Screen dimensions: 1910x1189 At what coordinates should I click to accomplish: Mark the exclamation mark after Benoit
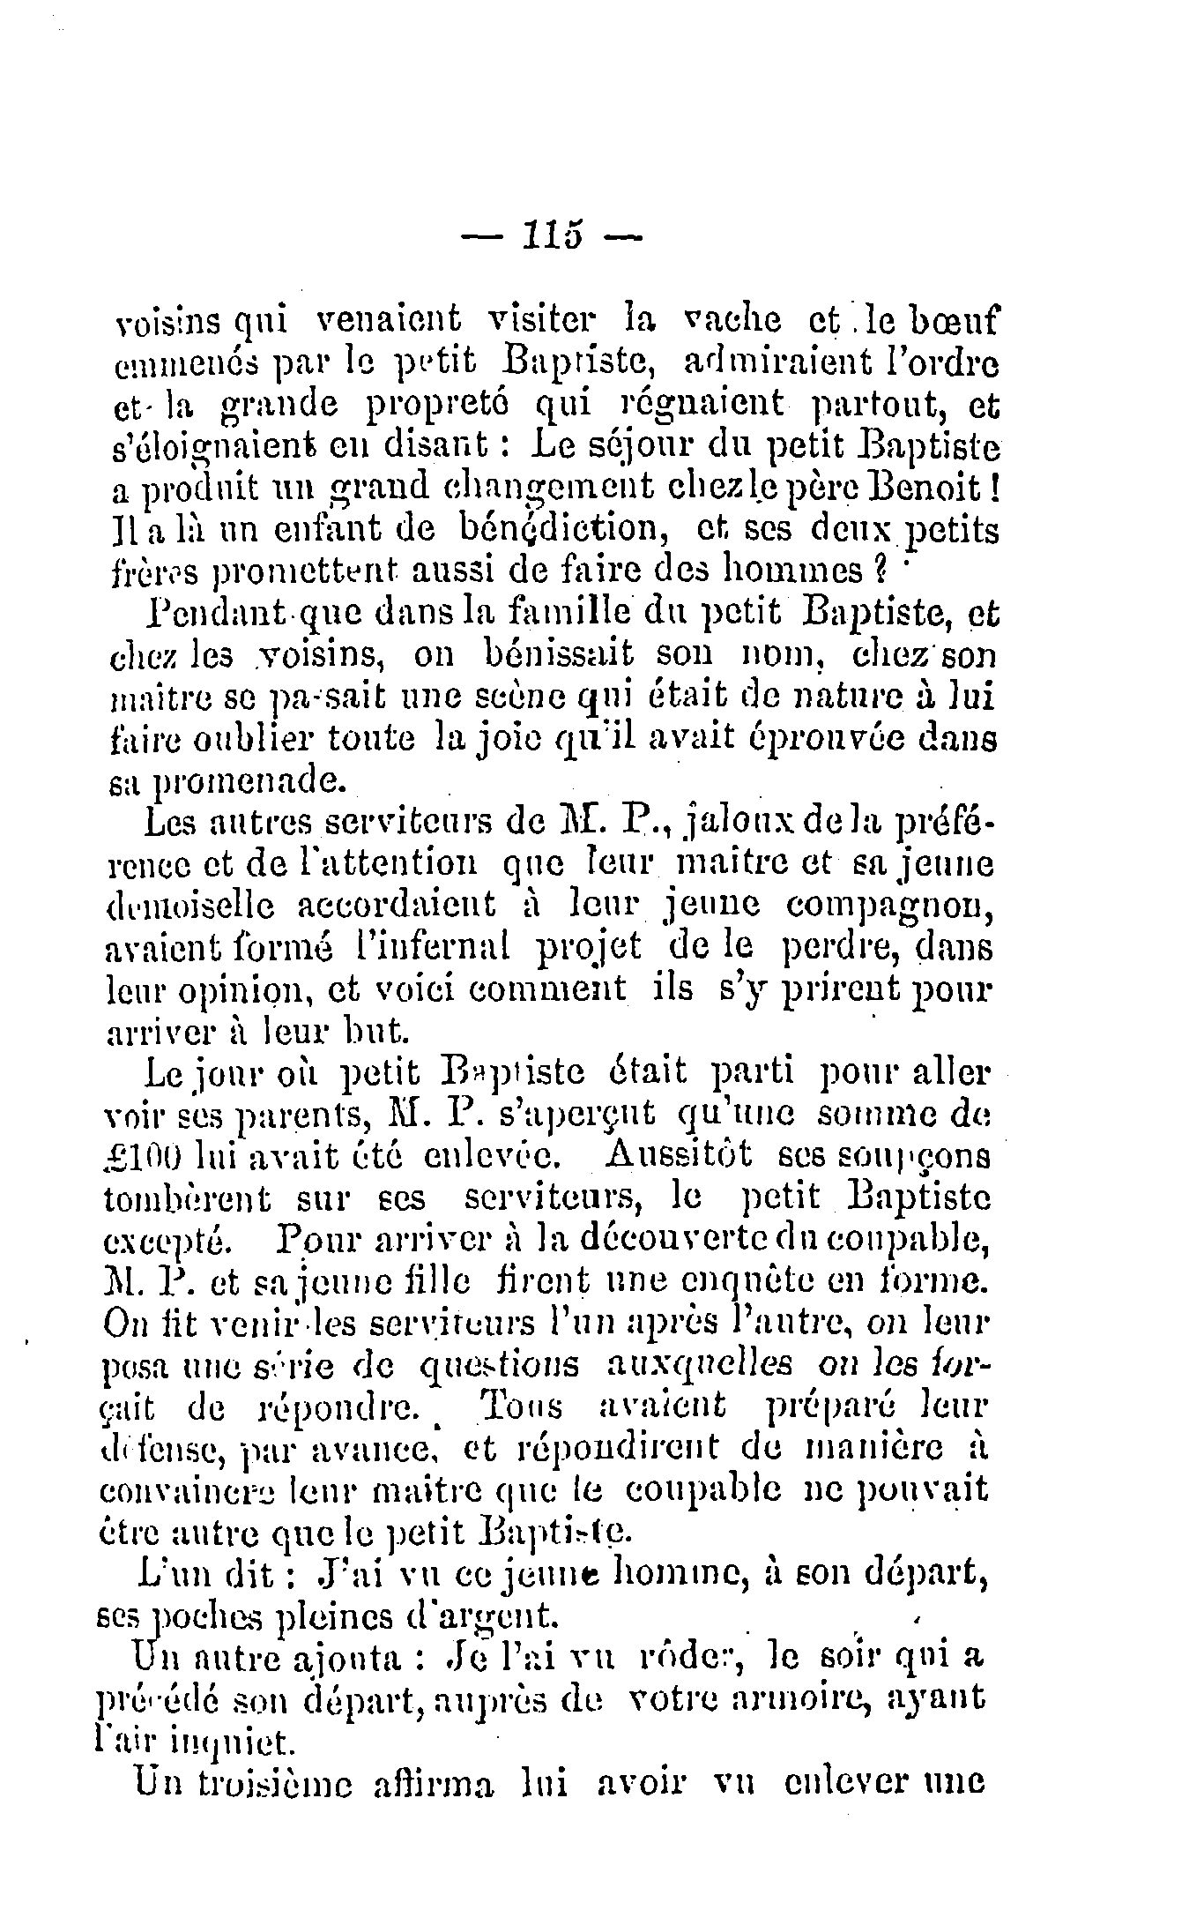point(991,488)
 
